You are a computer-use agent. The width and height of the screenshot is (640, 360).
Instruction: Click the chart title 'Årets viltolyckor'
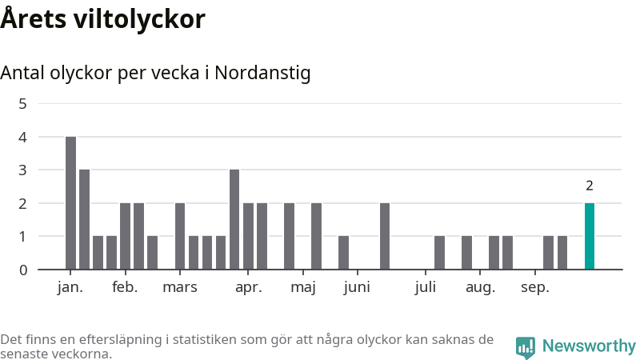102,19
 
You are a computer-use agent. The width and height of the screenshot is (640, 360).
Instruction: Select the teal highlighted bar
590,236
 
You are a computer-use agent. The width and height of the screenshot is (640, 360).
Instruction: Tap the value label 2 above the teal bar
590,186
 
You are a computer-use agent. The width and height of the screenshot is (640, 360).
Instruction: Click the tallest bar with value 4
70,202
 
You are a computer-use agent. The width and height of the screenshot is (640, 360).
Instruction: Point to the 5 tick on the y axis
22,103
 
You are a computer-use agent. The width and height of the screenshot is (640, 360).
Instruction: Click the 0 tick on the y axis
22,270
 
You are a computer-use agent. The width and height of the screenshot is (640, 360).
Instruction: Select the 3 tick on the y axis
22,170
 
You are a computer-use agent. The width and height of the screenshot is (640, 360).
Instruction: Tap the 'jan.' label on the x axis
70,288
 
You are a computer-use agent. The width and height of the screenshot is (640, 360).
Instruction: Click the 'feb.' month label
125,288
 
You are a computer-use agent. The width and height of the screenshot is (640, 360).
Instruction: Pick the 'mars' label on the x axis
180,288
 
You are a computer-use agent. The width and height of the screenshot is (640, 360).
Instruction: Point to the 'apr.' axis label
249,288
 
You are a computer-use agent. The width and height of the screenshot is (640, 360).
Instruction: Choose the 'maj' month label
303,288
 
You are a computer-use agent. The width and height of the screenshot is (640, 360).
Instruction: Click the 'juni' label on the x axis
357,288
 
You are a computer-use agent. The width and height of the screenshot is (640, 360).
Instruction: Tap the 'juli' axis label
426,288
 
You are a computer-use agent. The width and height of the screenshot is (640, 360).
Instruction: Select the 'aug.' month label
481,288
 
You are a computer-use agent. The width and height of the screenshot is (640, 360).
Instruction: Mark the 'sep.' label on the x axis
535,288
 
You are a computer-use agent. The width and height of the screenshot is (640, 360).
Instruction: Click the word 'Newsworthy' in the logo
589,346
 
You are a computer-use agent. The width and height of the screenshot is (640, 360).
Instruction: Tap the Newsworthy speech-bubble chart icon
526,346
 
